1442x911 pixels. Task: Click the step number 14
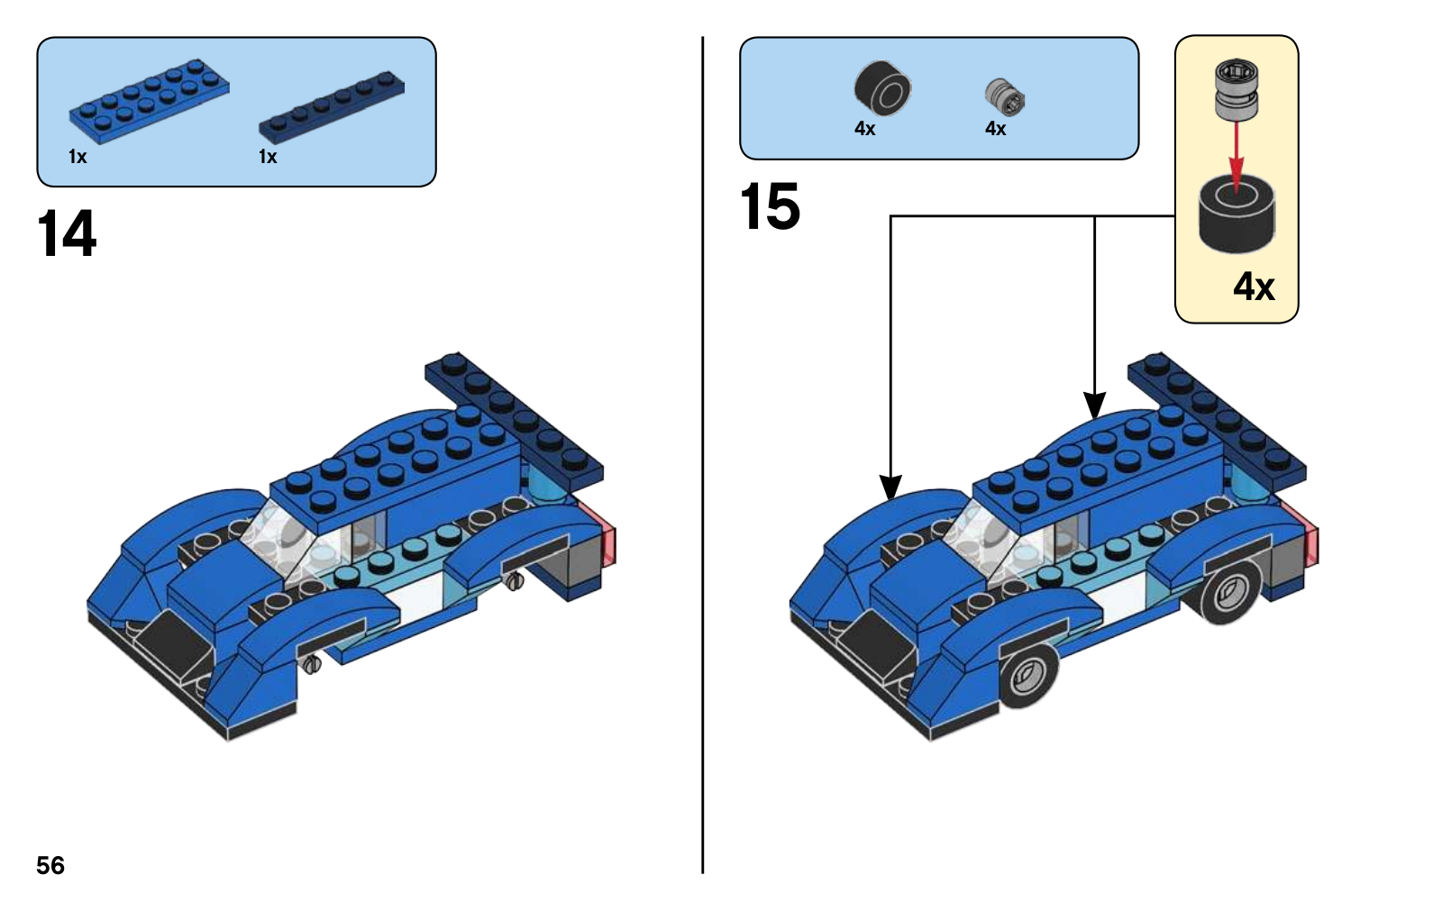[67, 234]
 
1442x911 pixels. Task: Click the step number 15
[770, 206]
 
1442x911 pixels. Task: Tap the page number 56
[50, 865]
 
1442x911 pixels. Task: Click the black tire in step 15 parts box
[882, 89]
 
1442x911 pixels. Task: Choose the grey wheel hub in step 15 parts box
[1005, 96]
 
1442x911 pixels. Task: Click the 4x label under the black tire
[865, 129]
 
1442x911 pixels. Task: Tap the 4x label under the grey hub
[995, 129]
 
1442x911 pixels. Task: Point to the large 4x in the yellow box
[1254, 287]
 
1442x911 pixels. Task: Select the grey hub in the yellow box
[1236, 88]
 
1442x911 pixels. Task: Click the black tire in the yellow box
[1237, 214]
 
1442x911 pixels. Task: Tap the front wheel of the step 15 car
[1028, 675]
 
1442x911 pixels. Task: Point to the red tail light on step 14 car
[603, 535]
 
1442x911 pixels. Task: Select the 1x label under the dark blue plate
[268, 157]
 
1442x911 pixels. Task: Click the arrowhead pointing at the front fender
[890, 487]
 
